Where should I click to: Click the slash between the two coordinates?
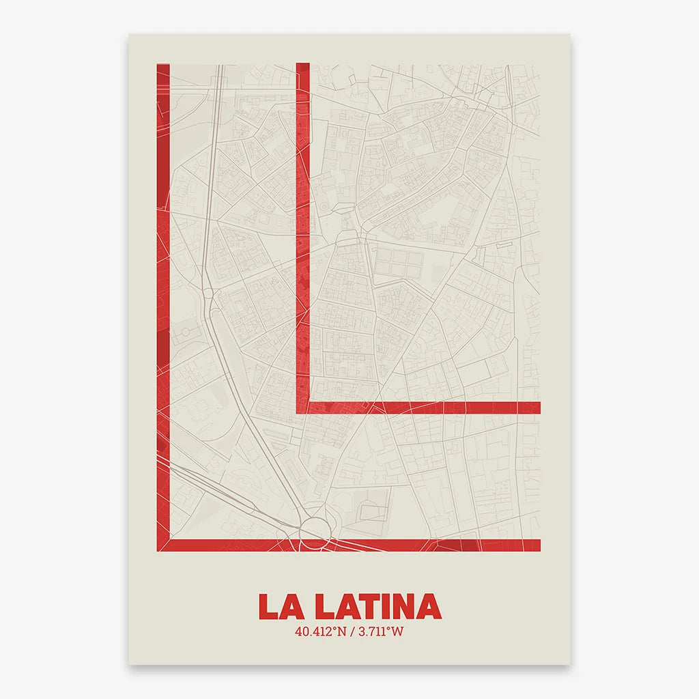[349, 631]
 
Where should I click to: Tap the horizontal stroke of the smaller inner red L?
[423, 408]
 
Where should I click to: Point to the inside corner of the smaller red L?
[311, 401]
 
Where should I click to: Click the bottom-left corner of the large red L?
[163, 545]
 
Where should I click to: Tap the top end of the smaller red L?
[303, 66]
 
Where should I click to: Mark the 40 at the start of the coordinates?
[301, 631]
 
